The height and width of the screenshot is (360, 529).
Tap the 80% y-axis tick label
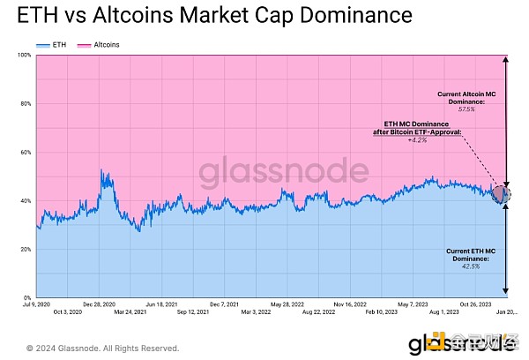click(26, 104)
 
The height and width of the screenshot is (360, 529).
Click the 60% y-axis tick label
click(26, 153)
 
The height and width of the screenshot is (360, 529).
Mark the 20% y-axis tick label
click(26, 250)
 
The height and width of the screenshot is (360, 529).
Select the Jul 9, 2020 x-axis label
click(36, 304)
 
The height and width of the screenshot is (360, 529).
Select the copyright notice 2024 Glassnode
click(103, 348)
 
